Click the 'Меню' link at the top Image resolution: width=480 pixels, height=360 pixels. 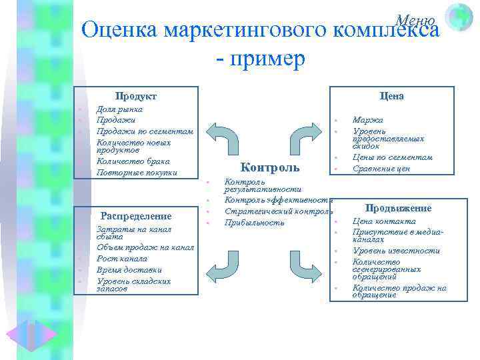[x=415, y=20]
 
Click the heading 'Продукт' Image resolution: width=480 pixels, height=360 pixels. [x=135, y=97]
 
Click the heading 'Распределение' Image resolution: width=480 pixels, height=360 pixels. [x=135, y=215]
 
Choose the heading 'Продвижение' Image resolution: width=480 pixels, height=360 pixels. [x=399, y=208]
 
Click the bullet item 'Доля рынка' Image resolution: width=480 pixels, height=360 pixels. [x=119, y=109]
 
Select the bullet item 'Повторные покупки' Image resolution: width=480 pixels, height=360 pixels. [x=137, y=173]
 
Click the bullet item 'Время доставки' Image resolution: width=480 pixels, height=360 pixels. [x=129, y=269]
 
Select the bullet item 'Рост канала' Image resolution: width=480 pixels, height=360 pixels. [x=122, y=258]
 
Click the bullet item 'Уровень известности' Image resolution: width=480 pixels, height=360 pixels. [x=396, y=251]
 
